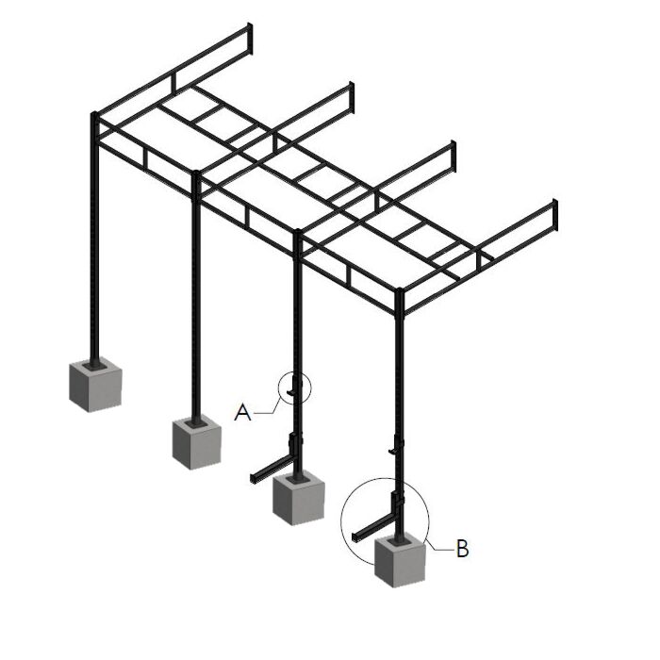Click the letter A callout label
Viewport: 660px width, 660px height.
point(242,413)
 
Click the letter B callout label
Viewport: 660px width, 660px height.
point(462,549)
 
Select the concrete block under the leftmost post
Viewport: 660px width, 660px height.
point(95,385)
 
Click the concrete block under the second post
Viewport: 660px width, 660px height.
point(197,443)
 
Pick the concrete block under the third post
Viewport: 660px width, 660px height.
point(299,499)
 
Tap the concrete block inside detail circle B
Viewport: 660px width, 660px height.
point(400,562)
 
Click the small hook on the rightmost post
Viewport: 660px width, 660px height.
point(393,449)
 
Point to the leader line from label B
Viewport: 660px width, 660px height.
point(438,546)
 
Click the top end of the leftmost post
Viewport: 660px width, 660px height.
point(94,114)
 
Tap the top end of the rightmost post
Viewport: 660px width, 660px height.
point(400,290)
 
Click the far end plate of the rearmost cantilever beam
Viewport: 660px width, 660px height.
point(250,39)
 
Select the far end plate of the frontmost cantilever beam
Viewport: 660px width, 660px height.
point(555,215)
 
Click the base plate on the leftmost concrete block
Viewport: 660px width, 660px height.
point(94,366)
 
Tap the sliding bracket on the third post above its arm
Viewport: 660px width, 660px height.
point(293,443)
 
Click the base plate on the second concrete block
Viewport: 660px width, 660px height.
point(196,423)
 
